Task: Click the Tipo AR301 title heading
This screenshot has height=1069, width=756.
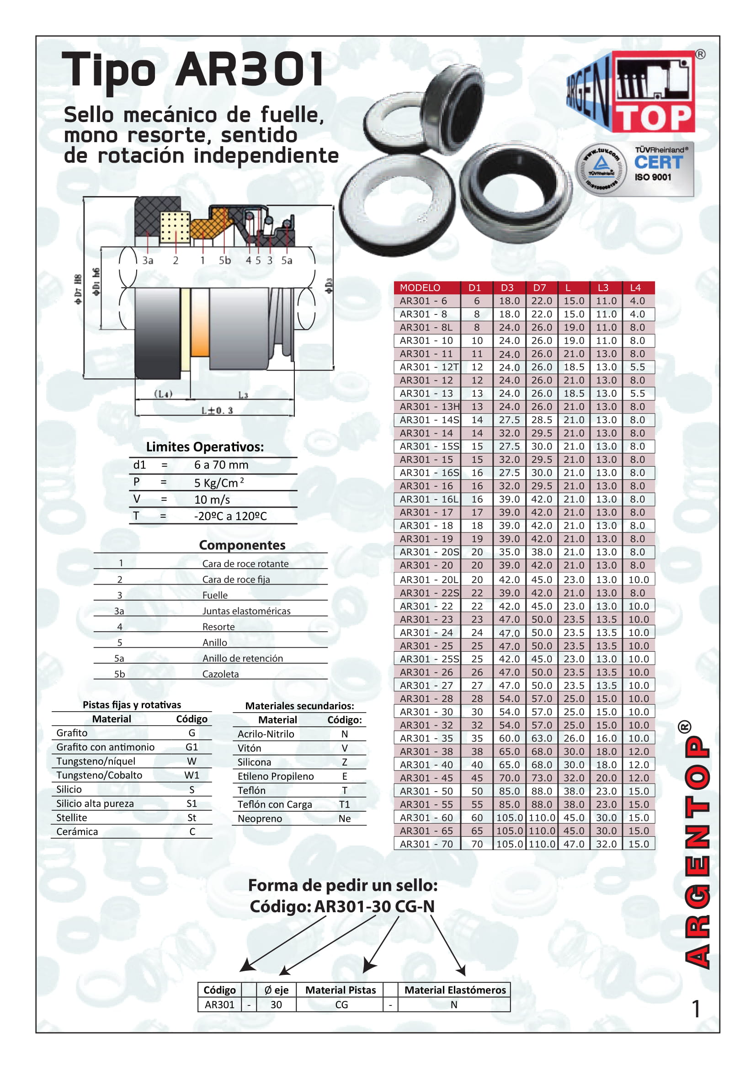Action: tap(193, 70)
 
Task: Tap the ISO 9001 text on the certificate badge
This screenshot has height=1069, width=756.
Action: tap(653, 177)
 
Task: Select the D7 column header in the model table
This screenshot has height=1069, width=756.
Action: tap(539, 288)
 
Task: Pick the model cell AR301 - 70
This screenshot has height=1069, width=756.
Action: tap(426, 844)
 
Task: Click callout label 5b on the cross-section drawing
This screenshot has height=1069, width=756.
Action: tap(225, 261)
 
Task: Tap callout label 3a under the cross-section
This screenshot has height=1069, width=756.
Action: tap(148, 261)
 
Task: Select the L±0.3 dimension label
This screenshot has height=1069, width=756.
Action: tap(217, 410)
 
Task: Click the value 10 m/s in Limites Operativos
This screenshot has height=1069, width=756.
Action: tap(212, 500)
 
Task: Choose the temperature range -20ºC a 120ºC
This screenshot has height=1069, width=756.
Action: tap(230, 516)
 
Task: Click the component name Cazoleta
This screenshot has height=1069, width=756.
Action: tap(220, 674)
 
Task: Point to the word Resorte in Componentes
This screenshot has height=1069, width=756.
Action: tap(218, 627)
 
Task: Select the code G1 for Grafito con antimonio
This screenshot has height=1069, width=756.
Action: tap(192, 747)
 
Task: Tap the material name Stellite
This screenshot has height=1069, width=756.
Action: tap(72, 818)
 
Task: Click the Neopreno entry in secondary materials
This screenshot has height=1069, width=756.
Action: tap(260, 819)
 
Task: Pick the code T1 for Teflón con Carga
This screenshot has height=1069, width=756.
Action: tap(344, 804)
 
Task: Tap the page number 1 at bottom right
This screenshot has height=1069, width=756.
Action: tap(696, 1010)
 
